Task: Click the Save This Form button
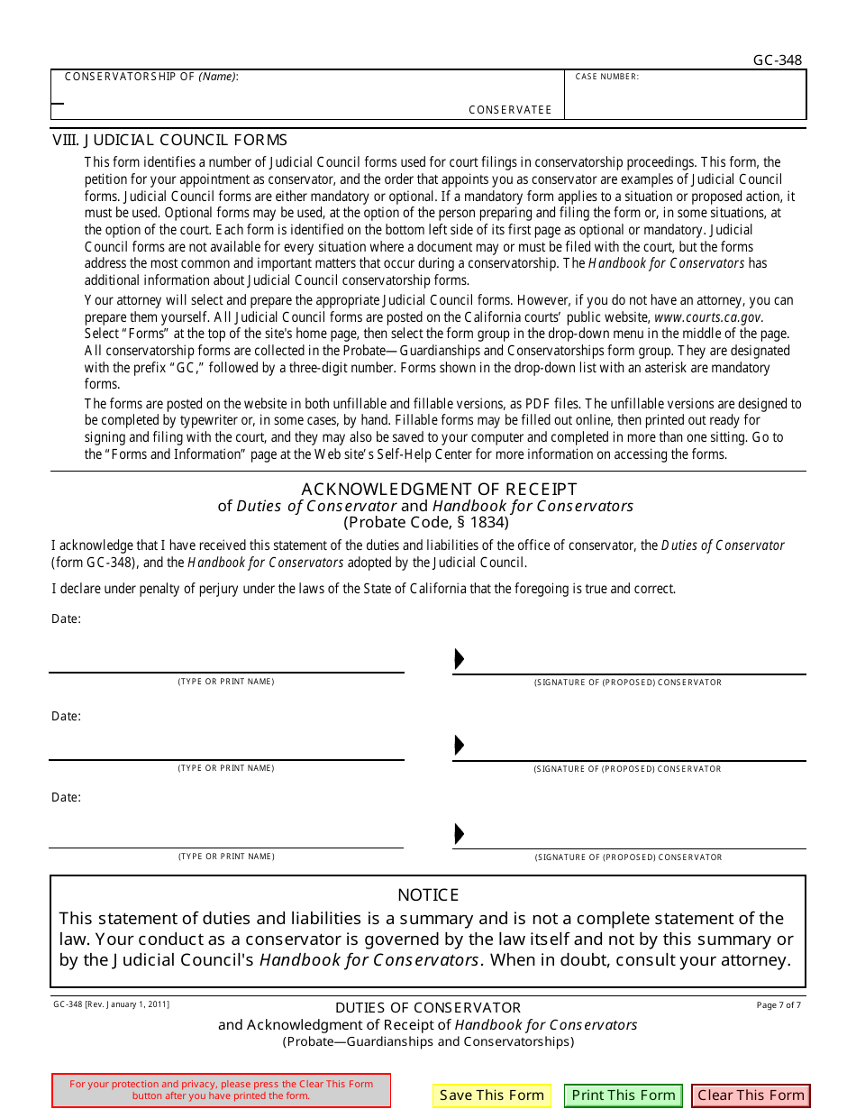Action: pos(491,1095)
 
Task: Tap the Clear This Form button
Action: pos(751,1095)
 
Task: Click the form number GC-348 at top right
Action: pos(777,60)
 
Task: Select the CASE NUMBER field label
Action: pos(606,78)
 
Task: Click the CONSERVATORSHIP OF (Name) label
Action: pos(151,77)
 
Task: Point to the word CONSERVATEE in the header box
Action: pos(510,110)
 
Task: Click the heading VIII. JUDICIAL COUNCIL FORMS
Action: pos(170,140)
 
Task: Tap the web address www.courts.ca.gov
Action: pos(708,317)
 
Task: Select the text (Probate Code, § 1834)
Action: pos(426,522)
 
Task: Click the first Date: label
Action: pos(66,619)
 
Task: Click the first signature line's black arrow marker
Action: pos(459,659)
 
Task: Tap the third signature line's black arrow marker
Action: pos(459,834)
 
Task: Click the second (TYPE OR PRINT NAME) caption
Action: pos(226,768)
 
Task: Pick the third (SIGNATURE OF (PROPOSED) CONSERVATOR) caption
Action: pos(628,857)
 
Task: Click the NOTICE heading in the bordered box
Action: pos(428,894)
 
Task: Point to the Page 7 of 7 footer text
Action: pos(779,1004)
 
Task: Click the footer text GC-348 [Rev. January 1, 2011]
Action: pos(111,1004)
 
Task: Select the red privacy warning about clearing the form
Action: pos(221,1090)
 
